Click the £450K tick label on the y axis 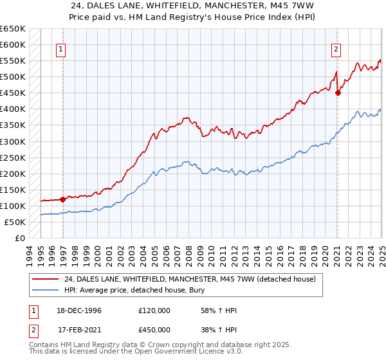(12, 93)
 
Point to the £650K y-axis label (12, 29)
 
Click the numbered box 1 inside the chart (60, 48)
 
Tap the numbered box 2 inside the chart (336, 48)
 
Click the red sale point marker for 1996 (63, 199)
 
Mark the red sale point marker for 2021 (338, 93)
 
